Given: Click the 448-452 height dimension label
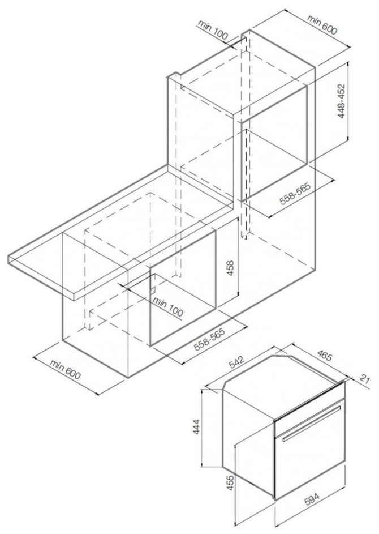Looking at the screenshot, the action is [x=341, y=101].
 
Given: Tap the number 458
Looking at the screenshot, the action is [x=230, y=269].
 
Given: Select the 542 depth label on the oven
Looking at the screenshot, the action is [x=237, y=362].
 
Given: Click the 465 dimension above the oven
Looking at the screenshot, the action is [x=324, y=356].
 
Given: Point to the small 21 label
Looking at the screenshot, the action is [x=364, y=379].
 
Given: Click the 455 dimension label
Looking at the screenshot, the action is [x=230, y=482].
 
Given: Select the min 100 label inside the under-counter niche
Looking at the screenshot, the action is [x=168, y=306].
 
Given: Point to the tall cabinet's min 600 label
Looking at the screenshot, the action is [x=322, y=25].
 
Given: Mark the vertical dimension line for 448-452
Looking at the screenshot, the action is [x=348, y=101].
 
